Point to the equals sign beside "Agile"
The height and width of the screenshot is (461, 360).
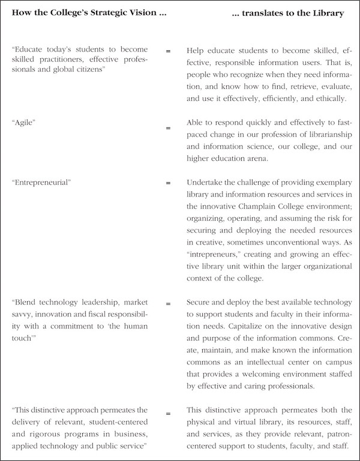[x=168, y=128]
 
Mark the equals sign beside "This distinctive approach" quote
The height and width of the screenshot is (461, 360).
[x=168, y=413]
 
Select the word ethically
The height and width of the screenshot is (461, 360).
[x=338, y=98]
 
